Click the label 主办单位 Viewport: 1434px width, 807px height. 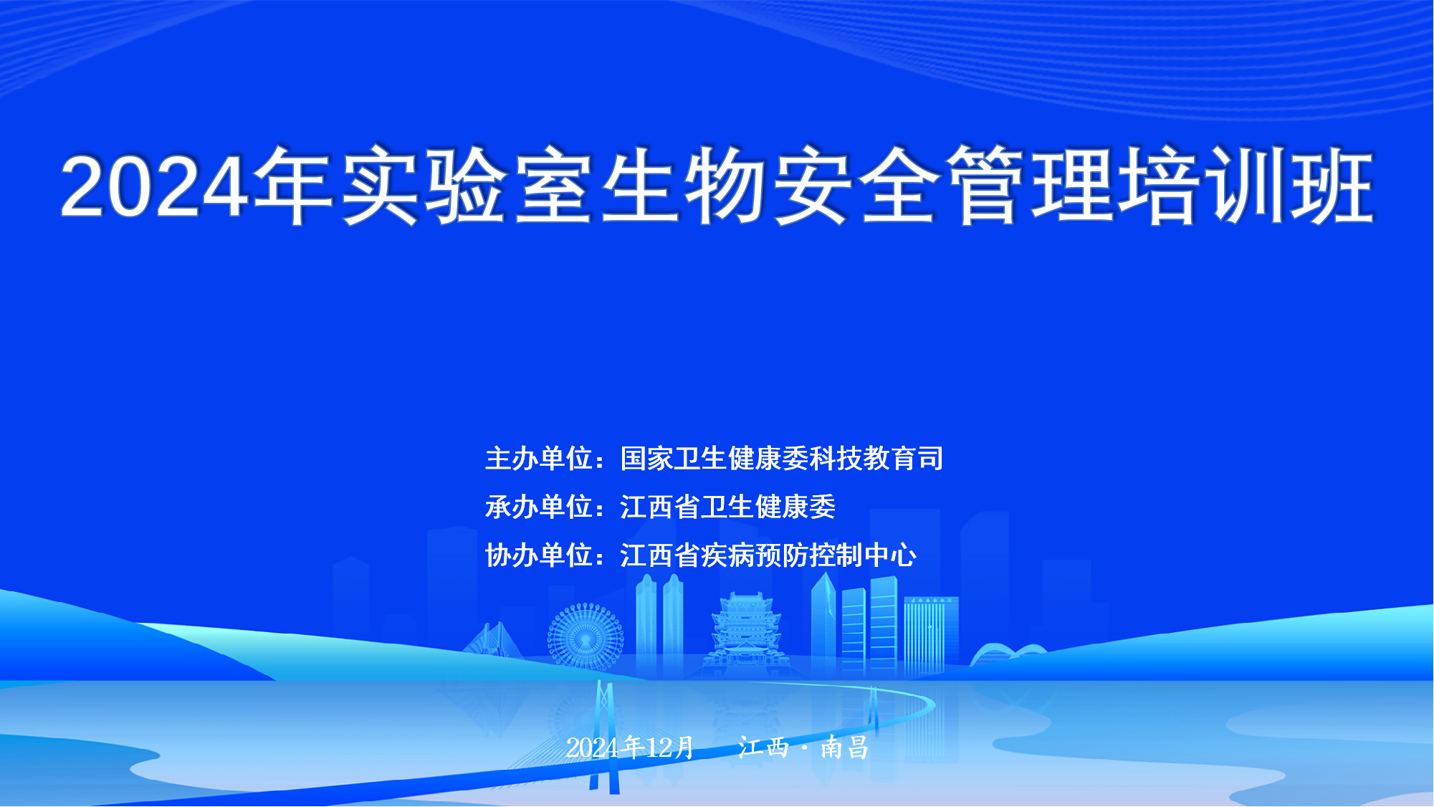click(539, 459)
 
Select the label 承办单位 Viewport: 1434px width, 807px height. click(539, 507)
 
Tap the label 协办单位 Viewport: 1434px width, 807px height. click(539, 555)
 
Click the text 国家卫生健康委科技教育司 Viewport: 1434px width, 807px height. click(782, 459)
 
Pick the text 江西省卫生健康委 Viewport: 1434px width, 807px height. click(728, 507)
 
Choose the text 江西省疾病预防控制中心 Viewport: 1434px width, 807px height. click(768, 555)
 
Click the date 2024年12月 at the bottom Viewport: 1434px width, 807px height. click(630, 748)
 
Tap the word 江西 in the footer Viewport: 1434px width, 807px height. click(764, 748)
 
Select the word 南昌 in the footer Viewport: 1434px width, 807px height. click(845, 748)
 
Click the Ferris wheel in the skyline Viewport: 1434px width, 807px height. click(585, 636)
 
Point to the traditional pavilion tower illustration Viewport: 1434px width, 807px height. click(745, 634)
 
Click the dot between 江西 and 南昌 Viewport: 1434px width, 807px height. click(805, 748)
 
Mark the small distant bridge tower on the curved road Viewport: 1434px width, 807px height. click(874, 709)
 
